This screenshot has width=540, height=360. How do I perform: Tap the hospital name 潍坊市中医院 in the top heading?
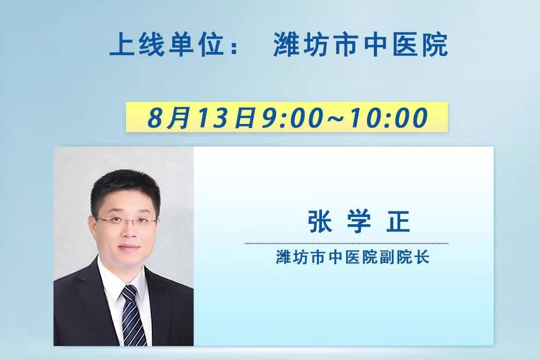click(x=361, y=45)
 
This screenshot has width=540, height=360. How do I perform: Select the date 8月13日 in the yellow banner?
click(x=202, y=117)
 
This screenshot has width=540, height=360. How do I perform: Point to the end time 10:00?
click(x=389, y=117)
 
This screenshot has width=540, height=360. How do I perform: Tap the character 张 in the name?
click(x=320, y=222)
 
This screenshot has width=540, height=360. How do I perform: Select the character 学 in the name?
click(x=358, y=222)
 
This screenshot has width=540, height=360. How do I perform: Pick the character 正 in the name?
click(x=398, y=222)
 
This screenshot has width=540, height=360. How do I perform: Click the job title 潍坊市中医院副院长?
click(x=353, y=257)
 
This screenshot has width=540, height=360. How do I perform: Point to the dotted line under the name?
click(x=347, y=243)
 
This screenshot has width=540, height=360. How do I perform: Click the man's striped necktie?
click(x=134, y=315)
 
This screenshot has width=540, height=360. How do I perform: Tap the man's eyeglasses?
click(x=126, y=220)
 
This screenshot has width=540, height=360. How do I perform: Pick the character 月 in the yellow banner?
click(x=178, y=118)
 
